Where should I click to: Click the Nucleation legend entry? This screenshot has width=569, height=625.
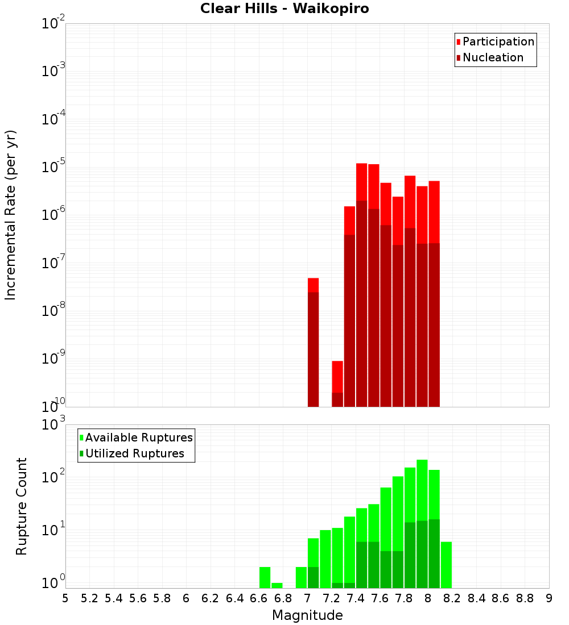point(493,57)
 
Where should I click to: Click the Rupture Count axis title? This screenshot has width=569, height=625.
point(22,506)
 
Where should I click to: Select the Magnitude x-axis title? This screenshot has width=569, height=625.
point(307,615)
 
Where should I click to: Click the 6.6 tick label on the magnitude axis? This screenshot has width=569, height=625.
point(259,598)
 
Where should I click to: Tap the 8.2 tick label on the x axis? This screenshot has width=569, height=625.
point(452,598)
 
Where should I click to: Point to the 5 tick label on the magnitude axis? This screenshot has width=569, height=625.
point(65,598)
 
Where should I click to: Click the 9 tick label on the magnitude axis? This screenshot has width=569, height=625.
point(549,598)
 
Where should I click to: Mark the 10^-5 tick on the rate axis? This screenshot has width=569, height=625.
point(53,167)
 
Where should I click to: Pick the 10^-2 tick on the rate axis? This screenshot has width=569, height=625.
point(53,23)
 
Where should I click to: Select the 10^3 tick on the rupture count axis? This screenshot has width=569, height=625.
point(53,424)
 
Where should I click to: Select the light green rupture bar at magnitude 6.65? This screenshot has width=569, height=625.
point(265,577)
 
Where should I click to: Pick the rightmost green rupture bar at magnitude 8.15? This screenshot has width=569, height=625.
point(446,565)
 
